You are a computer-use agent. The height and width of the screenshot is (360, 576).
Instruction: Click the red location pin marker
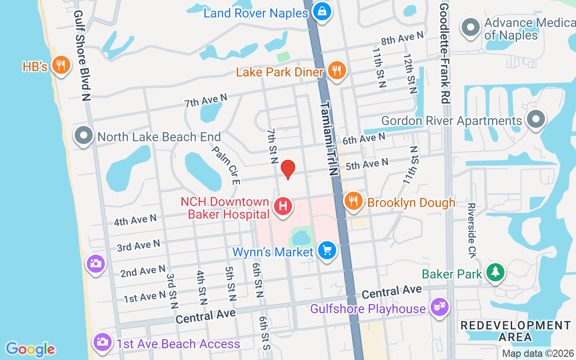pyautogui.click(x=288, y=170)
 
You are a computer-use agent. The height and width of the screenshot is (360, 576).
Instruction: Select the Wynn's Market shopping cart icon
pyautogui.click(x=327, y=250)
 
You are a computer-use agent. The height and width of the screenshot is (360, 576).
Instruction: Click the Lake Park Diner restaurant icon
pyautogui.click(x=336, y=71)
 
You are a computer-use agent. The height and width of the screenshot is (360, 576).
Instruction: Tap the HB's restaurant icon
pyautogui.click(x=60, y=66)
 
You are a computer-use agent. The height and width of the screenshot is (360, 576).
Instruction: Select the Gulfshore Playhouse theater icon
pyautogui.click(x=439, y=308)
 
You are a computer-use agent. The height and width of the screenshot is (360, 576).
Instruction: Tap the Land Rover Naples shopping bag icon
pyautogui.click(x=322, y=12)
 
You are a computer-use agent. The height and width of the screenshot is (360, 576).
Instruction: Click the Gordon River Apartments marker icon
pyautogui.click(x=535, y=120)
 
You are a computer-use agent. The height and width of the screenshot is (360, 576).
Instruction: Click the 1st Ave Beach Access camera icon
pyautogui.click(x=103, y=342)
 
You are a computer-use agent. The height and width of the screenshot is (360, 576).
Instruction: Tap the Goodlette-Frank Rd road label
pyautogui.click(x=444, y=53)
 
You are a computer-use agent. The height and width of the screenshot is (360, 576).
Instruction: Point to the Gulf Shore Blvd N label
pyautogui.click(x=82, y=56)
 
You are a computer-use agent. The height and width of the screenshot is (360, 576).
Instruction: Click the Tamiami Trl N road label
pyautogui.click(x=329, y=138)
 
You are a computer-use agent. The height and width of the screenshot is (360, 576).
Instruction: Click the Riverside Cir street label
pyautogui.click(x=472, y=230)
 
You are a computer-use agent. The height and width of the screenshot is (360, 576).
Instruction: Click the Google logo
pyautogui.click(x=30, y=349)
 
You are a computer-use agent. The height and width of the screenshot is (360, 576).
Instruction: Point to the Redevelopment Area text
pyautogui.click(x=515, y=331)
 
